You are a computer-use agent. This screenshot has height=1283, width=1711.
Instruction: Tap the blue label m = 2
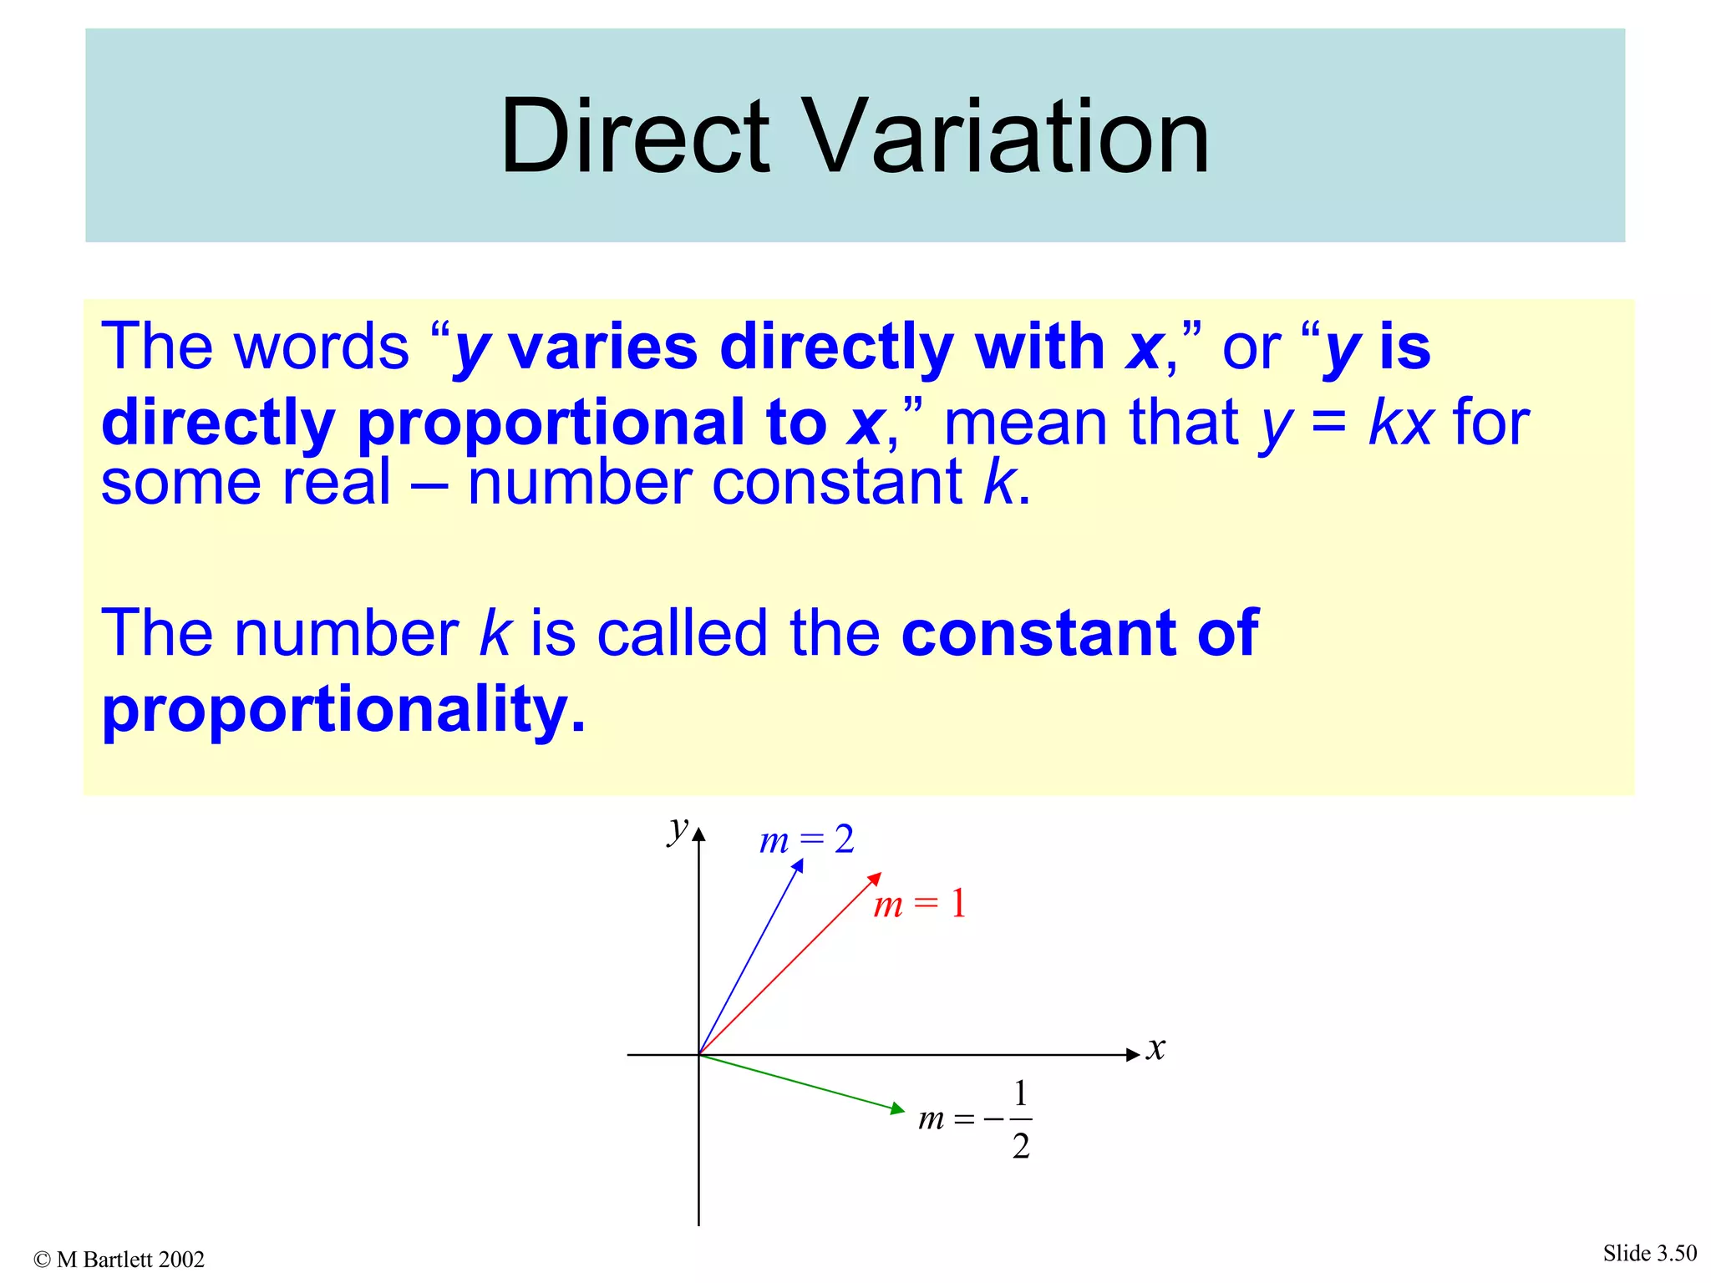(x=806, y=839)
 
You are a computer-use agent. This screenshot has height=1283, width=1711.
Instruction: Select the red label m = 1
(x=919, y=905)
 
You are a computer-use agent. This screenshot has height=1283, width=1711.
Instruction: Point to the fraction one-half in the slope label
(x=1020, y=1119)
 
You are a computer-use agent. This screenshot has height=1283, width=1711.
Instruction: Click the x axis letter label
(x=1155, y=1048)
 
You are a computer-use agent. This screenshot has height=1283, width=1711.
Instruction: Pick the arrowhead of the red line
(x=876, y=878)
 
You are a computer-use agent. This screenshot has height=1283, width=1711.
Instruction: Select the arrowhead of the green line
(x=898, y=1109)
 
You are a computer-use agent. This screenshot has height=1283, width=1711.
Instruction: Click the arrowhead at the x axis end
(x=1134, y=1055)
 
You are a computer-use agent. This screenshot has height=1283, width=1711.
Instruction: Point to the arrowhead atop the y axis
(x=699, y=834)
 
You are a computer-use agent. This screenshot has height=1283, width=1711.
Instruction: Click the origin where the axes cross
(x=699, y=1055)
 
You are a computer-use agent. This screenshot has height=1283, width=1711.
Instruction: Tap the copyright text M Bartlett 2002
(x=119, y=1260)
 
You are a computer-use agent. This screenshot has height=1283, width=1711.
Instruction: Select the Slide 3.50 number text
(x=1649, y=1253)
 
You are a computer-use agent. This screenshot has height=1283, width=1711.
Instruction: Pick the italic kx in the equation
(x=1401, y=423)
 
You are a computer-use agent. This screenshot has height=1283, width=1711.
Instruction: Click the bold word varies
(x=602, y=347)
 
